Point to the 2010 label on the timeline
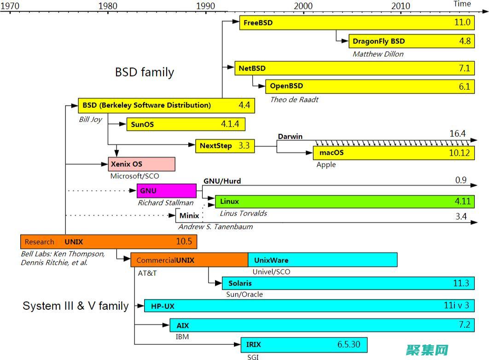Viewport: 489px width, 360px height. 401,6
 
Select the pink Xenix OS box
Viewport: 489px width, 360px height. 142,164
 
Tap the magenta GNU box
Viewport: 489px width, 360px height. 166,191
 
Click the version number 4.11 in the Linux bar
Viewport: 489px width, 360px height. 462,201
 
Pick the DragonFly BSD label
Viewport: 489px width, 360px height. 378,41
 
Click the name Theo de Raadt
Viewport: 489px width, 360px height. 294,99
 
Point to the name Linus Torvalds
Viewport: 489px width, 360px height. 243,213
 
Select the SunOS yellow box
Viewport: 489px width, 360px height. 186,124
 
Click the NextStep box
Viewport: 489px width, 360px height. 225,146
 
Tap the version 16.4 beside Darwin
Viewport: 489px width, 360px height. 457,134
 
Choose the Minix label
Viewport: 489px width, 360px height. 189,215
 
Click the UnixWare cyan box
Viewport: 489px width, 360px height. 322,260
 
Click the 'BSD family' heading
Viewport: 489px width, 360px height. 144,72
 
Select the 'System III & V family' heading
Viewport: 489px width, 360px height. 76,306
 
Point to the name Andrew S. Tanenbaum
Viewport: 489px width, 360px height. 215,226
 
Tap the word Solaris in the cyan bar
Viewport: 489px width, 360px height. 240,283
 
